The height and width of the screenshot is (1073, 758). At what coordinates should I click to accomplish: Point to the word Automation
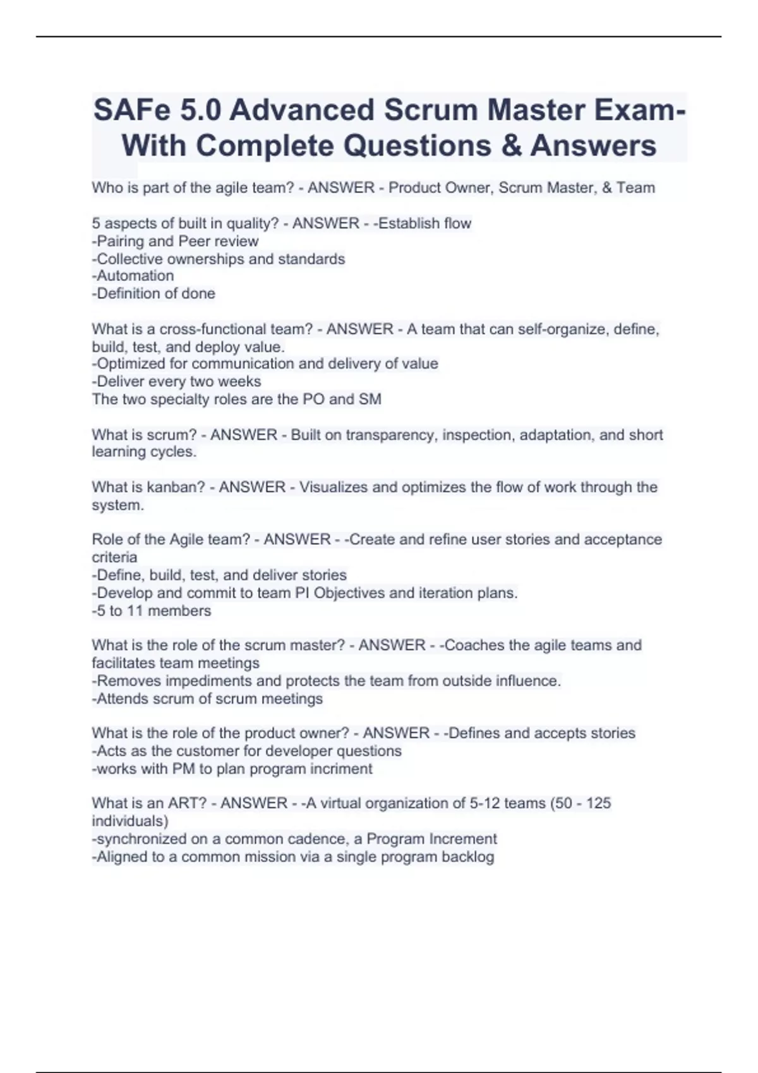click(133, 276)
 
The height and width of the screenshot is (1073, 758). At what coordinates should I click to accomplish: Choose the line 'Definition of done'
click(154, 293)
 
